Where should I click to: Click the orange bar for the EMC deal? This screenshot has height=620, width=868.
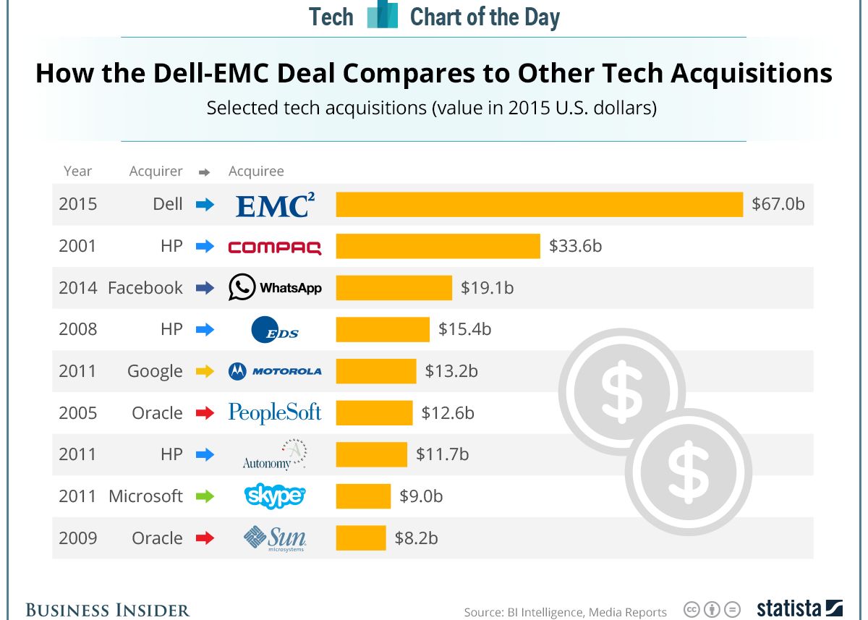coord(539,204)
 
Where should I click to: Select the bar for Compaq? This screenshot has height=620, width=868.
coord(438,246)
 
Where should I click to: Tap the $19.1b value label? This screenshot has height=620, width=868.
coord(487,288)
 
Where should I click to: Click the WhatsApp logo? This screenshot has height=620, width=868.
coord(275,287)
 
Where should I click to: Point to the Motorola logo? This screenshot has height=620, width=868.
coord(275,371)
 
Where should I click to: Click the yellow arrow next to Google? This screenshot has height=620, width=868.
coord(205,371)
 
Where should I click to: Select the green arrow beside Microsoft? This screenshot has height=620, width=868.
coord(205,496)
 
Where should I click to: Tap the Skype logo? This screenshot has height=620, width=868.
coord(275,496)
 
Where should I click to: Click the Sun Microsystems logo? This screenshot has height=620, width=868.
coord(275,538)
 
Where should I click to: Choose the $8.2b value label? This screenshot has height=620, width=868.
coord(416,538)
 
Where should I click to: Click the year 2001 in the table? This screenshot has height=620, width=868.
coord(77,246)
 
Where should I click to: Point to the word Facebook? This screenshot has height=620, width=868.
coord(145,288)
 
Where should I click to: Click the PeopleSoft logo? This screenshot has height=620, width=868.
coord(275,412)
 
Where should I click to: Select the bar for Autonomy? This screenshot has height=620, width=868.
coord(371,454)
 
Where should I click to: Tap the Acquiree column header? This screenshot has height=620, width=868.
coord(256,171)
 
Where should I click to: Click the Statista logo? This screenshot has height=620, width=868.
coord(800,608)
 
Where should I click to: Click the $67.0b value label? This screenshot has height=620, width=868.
coord(778,204)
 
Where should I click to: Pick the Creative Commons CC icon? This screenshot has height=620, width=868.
coord(692,609)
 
